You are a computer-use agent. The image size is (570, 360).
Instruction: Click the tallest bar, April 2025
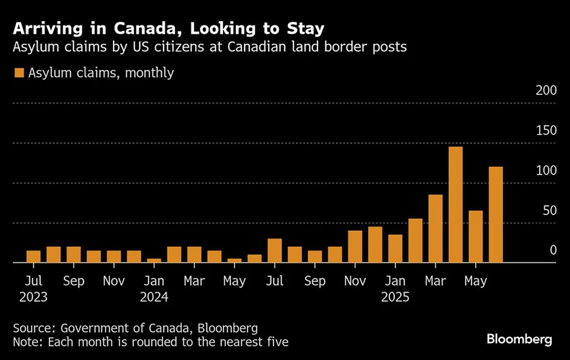click(455, 205)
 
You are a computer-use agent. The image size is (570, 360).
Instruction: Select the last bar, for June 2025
click(496, 214)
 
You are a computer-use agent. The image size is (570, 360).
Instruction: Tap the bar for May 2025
click(476, 237)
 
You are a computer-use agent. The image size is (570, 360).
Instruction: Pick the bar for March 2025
click(435, 228)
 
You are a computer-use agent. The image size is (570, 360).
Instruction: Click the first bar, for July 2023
click(34, 257)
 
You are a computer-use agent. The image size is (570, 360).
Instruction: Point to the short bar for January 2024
click(154, 260)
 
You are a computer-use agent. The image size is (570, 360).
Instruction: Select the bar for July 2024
click(275, 251)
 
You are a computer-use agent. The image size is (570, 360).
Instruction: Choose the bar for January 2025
click(395, 248)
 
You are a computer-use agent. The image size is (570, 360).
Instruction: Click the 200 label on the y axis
click(545, 91)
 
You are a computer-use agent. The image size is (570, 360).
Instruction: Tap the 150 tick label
click(545, 130)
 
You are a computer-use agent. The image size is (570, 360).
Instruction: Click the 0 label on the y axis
click(552, 250)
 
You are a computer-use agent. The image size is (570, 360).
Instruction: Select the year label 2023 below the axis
click(34, 297)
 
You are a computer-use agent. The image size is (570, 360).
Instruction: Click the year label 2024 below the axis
click(154, 297)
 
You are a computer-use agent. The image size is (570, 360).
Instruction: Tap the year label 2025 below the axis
click(395, 297)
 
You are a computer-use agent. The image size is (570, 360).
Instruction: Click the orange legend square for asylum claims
click(19, 73)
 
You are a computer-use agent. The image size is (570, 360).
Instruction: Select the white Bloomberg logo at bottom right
click(519, 339)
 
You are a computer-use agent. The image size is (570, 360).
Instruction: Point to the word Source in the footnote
click(33, 328)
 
